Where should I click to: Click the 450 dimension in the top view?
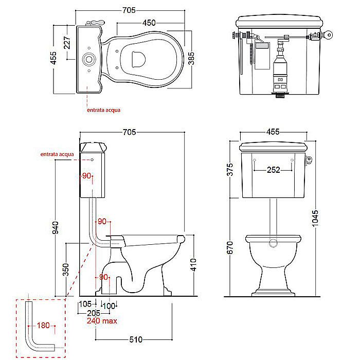click(149, 23)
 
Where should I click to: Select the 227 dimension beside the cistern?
click(67, 43)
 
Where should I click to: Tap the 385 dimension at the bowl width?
click(191, 58)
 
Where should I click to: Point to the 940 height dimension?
click(56, 227)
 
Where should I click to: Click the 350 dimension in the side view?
click(66, 269)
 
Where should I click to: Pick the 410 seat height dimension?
click(193, 264)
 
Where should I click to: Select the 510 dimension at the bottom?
click(136, 339)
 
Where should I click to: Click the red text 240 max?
click(102, 321)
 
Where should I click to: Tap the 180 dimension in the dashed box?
click(43, 326)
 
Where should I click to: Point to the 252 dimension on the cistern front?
click(274, 170)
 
